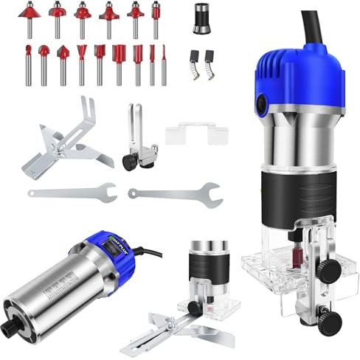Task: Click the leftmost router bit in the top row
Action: tap(30, 18)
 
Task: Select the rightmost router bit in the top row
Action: tap(156, 18)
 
